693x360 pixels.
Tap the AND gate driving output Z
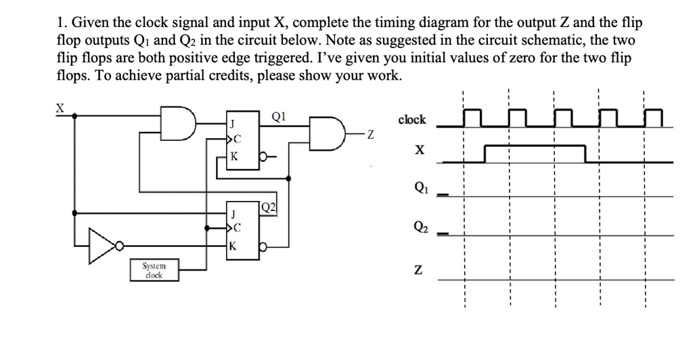pos(327,133)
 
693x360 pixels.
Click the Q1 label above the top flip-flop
pos(277,115)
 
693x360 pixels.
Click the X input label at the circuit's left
pos(60,108)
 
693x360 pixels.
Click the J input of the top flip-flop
pos(232,124)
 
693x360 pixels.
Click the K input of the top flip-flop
pos(234,155)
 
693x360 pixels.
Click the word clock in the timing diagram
pos(412,120)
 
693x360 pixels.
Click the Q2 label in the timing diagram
pos(421,227)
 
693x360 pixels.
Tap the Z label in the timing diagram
pos(421,271)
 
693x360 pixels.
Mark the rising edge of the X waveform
pos(485,154)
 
